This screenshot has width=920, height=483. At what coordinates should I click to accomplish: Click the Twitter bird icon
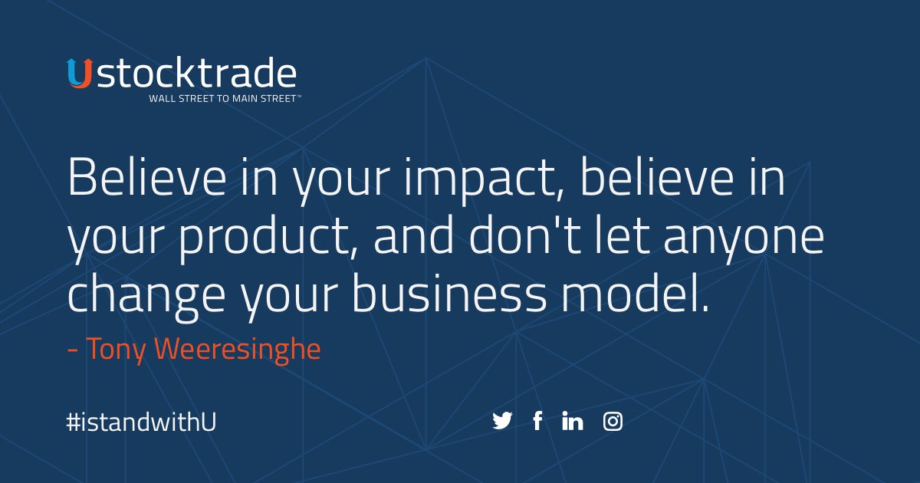pos(502,421)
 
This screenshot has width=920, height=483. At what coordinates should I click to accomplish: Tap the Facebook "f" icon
pos(537,421)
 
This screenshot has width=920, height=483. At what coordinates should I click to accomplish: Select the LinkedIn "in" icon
pos(573,421)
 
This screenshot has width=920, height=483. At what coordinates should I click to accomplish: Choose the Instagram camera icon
pos(613,421)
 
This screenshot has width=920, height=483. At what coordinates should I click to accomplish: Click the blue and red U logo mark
pos(78,74)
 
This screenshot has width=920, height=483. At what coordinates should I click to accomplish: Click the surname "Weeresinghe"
pos(238,349)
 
